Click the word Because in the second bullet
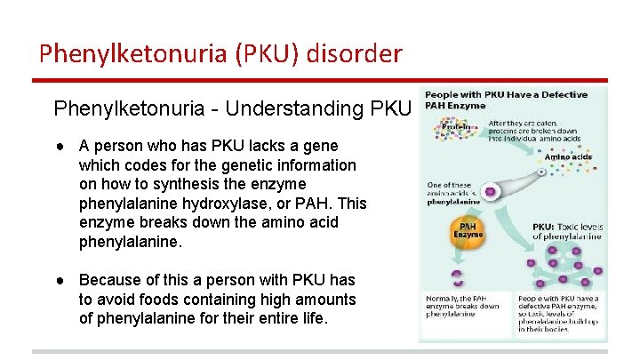[111, 281]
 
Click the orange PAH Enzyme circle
[468, 231]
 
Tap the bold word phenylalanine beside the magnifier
[453, 202]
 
